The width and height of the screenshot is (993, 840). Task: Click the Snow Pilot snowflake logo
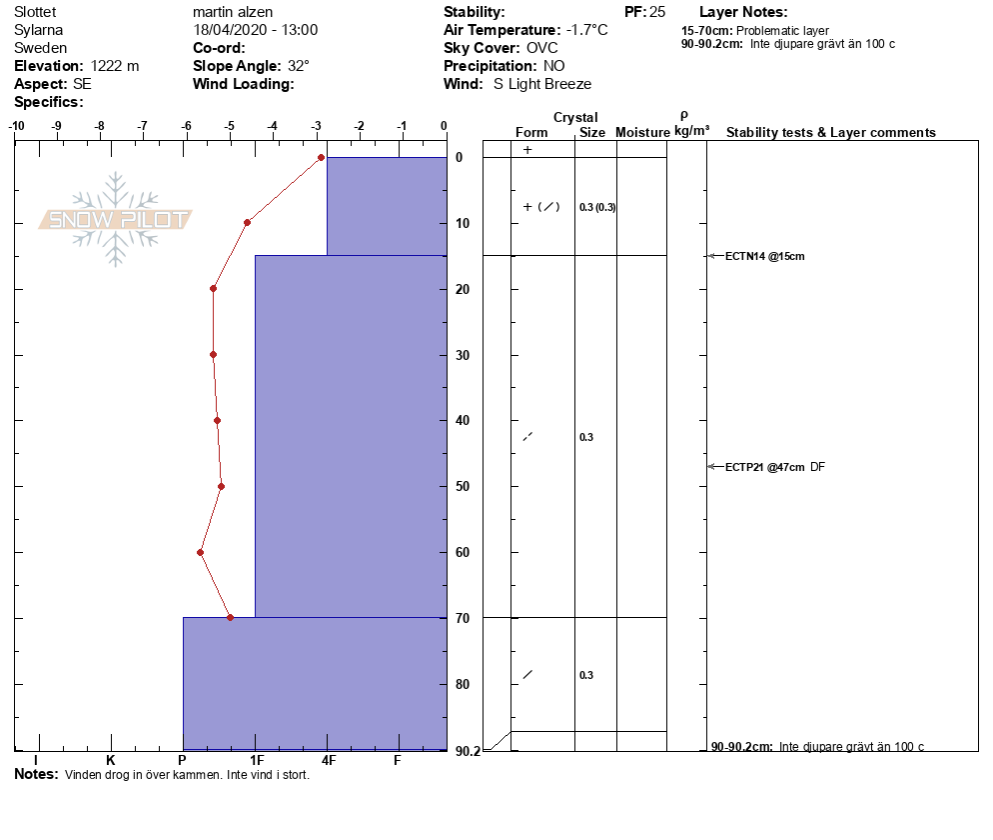[x=116, y=219]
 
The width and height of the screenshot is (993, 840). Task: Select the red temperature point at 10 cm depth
[x=247, y=222]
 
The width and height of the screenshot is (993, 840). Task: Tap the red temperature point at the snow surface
[x=321, y=157]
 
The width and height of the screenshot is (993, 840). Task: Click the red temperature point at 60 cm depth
[x=201, y=552]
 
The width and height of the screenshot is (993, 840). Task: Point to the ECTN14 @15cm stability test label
[x=764, y=256]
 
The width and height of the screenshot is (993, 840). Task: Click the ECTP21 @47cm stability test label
[x=764, y=467]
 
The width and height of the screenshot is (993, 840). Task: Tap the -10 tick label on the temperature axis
[x=17, y=126]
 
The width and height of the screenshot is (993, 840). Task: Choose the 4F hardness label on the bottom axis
[x=328, y=761]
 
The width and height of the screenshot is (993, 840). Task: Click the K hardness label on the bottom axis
[x=111, y=761]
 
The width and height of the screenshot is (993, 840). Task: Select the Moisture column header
[x=642, y=133]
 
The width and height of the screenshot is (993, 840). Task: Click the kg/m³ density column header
[x=691, y=131]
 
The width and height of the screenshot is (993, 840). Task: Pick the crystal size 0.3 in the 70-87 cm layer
[x=586, y=675]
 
